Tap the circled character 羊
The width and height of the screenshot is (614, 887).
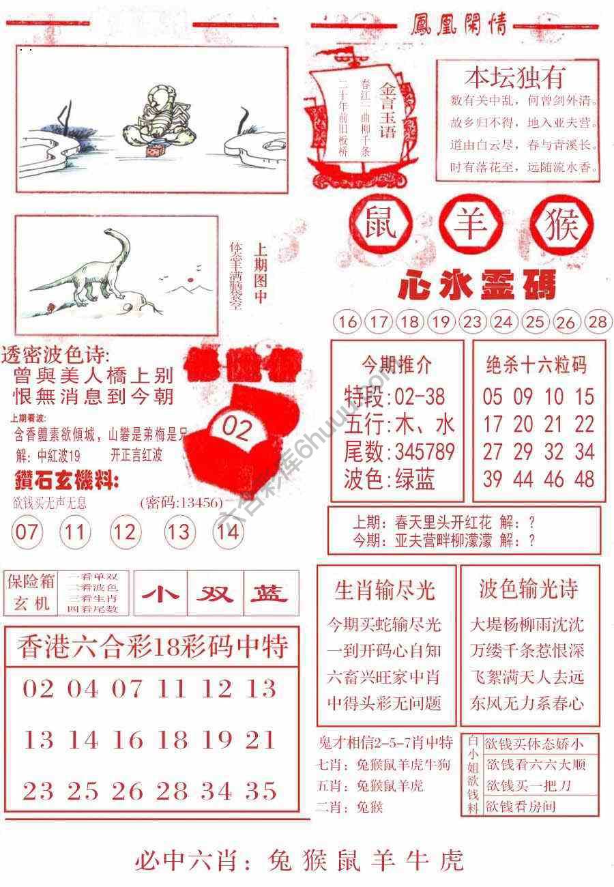471,225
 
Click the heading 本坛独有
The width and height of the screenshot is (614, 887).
515,78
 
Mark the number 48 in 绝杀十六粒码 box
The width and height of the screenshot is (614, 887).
585,479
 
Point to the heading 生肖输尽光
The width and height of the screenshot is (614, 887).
385,590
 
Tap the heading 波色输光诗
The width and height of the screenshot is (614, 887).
529,590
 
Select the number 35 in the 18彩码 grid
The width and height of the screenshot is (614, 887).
262,791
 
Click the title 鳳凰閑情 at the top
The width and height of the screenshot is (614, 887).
459,26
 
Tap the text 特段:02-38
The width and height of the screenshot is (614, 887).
394,396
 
